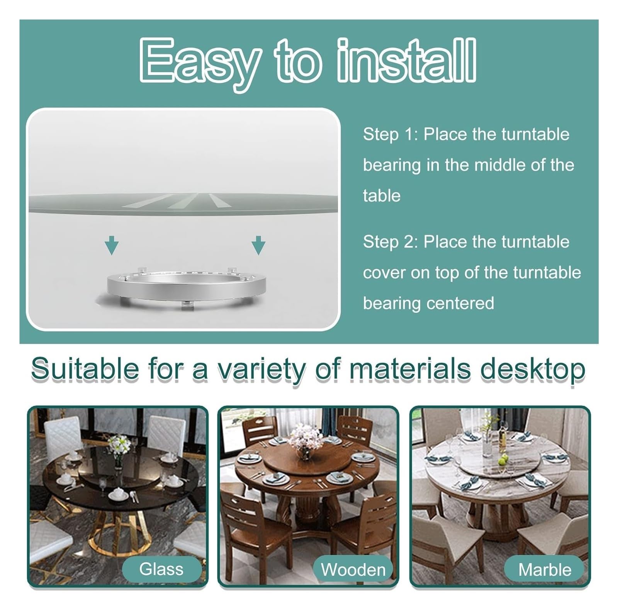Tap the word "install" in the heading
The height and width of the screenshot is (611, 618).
click(x=406, y=60)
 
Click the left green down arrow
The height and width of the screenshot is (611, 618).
click(x=112, y=246)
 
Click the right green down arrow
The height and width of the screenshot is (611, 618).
click(x=258, y=246)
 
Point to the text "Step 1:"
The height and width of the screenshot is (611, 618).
click(x=390, y=134)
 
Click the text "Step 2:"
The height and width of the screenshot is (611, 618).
click(x=390, y=242)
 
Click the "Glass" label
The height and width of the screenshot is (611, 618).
click(x=161, y=569)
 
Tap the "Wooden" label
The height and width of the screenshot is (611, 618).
click(x=353, y=570)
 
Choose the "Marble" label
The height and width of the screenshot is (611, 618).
click(x=544, y=570)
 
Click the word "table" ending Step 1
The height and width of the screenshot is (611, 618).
click(x=382, y=196)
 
